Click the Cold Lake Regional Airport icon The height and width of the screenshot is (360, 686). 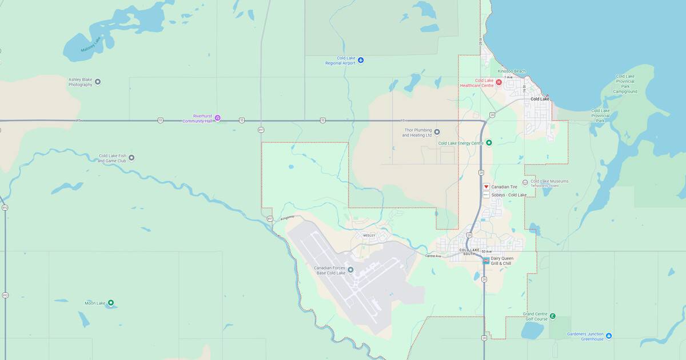pos(360,59)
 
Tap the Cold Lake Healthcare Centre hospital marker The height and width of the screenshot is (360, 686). pos(498,82)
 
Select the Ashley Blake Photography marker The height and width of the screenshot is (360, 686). pos(98,82)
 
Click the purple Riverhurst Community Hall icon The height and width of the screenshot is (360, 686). pos(217,118)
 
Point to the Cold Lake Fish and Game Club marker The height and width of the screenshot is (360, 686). pos(131,158)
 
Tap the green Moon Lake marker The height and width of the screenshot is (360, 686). pos(111,303)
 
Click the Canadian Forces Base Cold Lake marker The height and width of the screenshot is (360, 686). pos(350,270)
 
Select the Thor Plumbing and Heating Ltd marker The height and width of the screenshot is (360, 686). pos(437,132)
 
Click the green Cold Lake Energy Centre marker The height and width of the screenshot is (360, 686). pos(489,143)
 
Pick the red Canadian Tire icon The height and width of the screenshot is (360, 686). pos(486,186)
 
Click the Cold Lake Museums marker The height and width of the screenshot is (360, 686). pos(525,182)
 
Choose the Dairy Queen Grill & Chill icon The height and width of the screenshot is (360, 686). pos(486,261)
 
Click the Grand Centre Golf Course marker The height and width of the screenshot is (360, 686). pos(552,316)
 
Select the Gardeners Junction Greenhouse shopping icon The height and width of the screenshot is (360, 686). pos(609,335)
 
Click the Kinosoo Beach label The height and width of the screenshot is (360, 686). pos(511,71)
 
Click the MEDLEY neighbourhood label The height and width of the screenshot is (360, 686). pos(369,235)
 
